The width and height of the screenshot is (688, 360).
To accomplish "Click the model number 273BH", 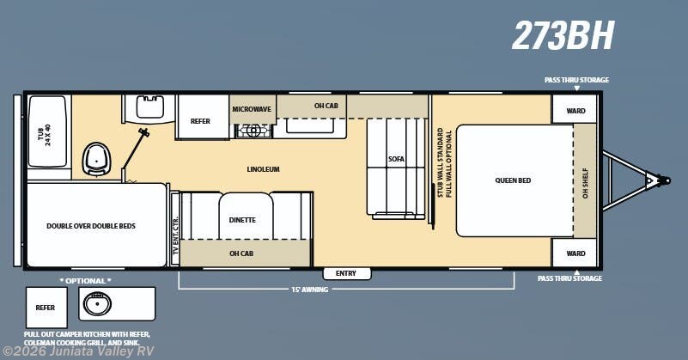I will (563, 35).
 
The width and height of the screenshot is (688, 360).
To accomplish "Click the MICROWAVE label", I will (253, 109).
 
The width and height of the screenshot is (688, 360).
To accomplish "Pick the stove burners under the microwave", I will (253, 131).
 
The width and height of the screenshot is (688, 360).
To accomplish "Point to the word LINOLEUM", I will (262, 169).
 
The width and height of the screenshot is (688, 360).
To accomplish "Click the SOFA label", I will (396, 159).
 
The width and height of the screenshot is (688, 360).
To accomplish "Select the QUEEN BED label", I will (513, 180).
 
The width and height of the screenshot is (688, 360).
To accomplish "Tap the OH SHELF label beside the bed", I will (586, 180).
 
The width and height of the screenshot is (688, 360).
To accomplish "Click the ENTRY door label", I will (345, 273).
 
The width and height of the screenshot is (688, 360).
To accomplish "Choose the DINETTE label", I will (242, 220).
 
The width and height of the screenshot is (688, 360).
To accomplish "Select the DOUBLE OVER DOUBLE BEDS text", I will (91, 226).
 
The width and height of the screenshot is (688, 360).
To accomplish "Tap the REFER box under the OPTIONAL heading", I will (46, 307).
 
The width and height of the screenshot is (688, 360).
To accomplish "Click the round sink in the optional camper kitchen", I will (96, 304).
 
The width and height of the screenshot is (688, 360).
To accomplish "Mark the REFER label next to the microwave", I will (200, 122).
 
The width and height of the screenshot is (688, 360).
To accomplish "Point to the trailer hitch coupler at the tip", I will (662, 180).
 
